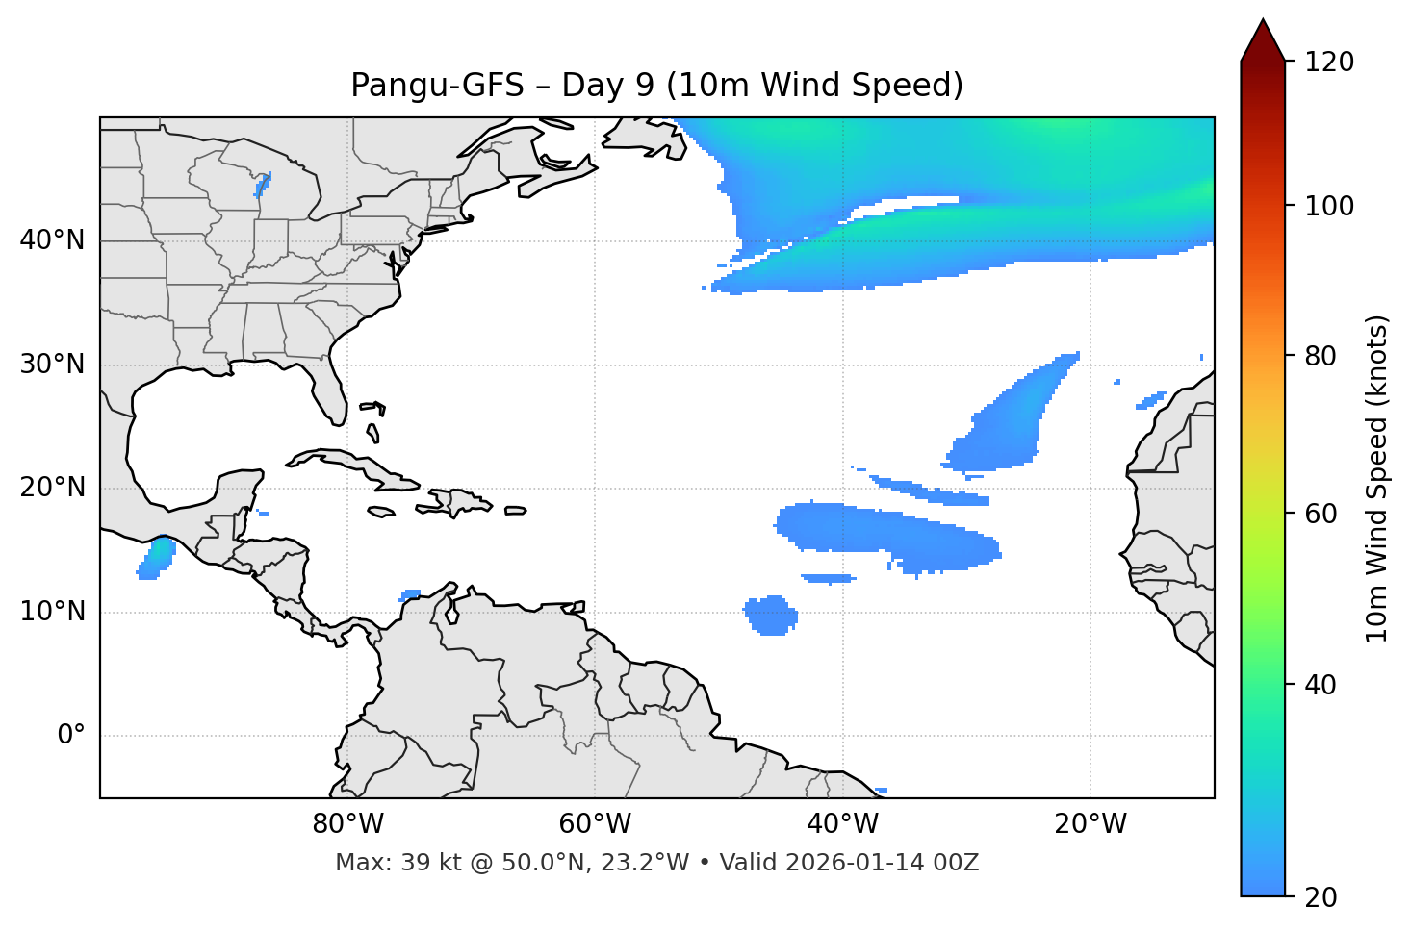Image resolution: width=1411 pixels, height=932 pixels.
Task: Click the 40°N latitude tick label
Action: click(52, 240)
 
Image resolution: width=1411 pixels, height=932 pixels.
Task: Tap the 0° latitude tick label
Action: click(71, 736)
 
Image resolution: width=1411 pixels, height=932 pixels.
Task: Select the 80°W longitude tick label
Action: click(347, 824)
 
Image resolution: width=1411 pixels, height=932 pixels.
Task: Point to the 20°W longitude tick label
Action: click(1090, 824)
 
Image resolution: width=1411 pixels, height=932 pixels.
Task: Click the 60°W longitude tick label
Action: click(595, 824)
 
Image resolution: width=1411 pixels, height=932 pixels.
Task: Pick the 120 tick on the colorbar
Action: click(1329, 63)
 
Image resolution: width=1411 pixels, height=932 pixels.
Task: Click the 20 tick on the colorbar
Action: click(1322, 897)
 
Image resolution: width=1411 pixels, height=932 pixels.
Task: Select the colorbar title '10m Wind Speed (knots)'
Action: click(1377, 478)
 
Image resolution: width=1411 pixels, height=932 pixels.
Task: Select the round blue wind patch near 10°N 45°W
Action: click(771, 616)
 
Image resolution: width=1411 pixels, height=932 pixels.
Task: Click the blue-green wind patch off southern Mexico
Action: click(155, 559)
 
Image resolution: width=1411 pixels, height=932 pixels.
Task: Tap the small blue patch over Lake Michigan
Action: click(262, 183)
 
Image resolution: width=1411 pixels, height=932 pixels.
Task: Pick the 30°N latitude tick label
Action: click(52, 365)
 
